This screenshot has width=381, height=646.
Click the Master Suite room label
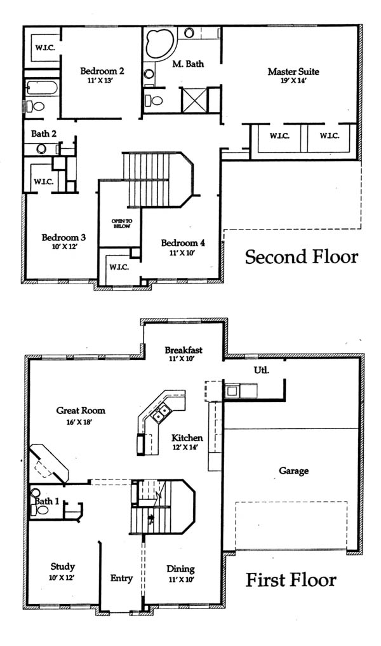pos(293,72)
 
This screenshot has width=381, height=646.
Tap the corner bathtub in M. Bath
pos(159,43)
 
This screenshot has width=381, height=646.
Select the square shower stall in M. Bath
pos(194,100)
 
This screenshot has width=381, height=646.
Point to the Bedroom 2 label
pos(102,71)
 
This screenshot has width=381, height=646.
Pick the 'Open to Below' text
pos(122,224)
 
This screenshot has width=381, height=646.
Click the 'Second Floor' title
pos(301,257)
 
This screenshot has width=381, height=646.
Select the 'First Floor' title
pos(291,580)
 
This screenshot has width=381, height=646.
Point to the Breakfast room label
pos(184,350)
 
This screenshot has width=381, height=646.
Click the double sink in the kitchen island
pos(161,413)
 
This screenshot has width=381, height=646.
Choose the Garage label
pos(294,471)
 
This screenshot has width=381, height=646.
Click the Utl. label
pos(262,370)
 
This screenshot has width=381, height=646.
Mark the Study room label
pos(62,567)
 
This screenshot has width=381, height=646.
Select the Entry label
pos(121,579)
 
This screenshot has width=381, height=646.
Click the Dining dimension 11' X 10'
pos(181,579)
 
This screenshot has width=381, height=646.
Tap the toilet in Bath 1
pos(39,510)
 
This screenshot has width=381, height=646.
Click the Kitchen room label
pos(187,438)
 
